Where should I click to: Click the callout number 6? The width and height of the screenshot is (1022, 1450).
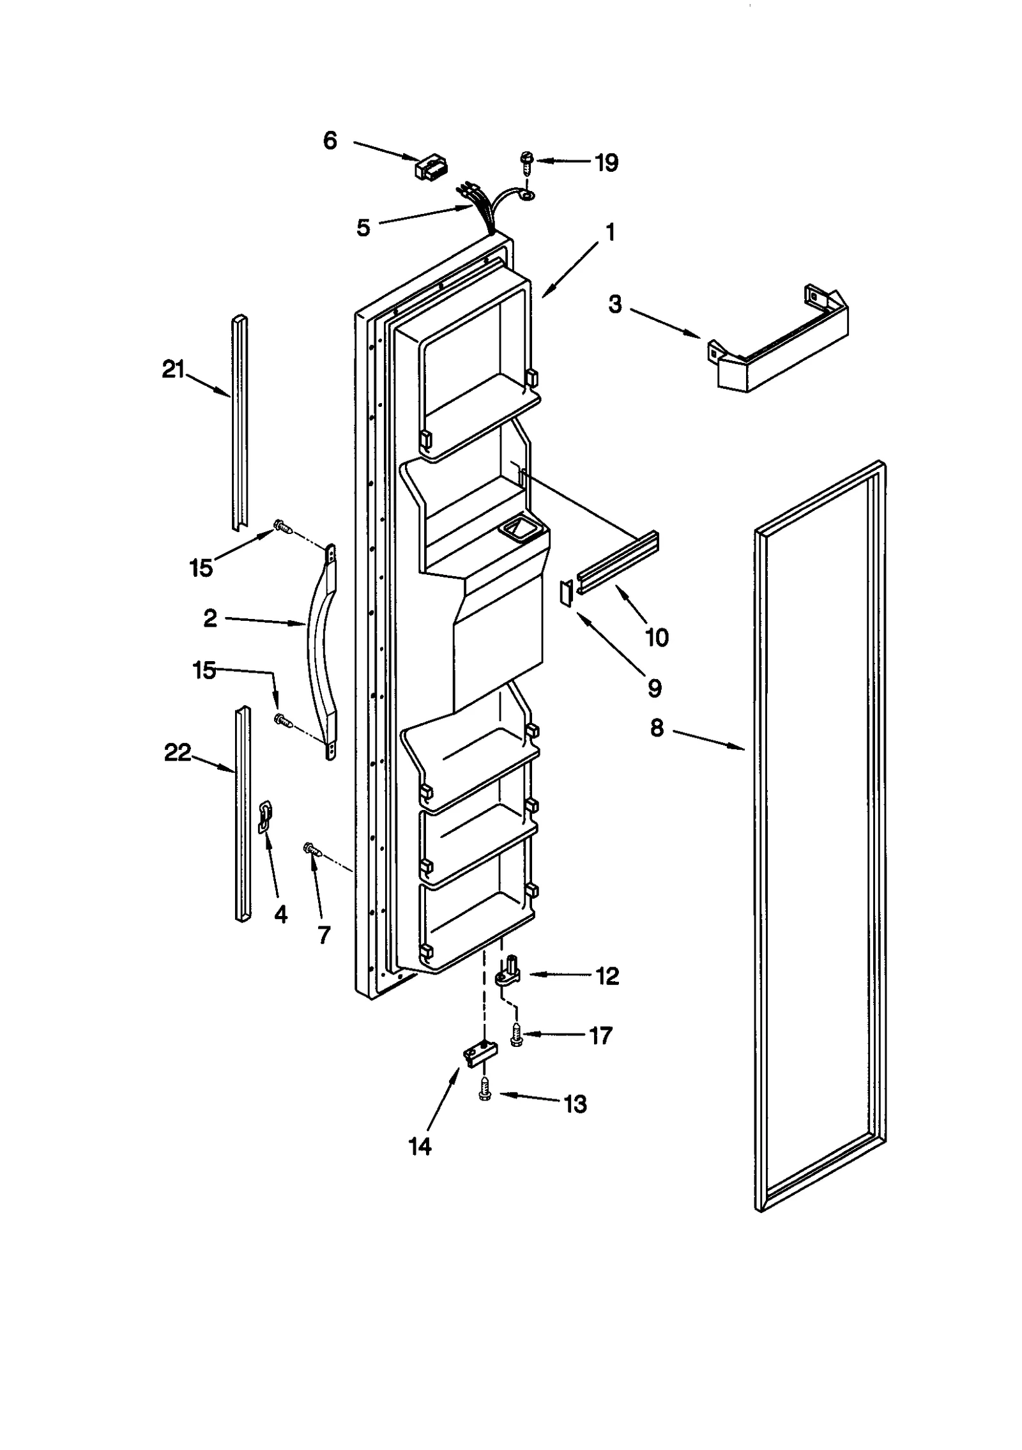click(330, 141)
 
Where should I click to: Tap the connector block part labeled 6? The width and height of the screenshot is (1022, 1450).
click(431, 167)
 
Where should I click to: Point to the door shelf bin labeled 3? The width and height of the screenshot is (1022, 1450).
click(779, 345)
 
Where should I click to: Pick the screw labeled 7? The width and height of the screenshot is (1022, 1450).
click(311, 848)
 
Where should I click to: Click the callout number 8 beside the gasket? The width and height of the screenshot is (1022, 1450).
click(657, 728)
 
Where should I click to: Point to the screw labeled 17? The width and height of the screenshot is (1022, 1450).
click(516, 1034)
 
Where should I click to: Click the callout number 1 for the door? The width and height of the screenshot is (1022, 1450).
click(610, 232)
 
